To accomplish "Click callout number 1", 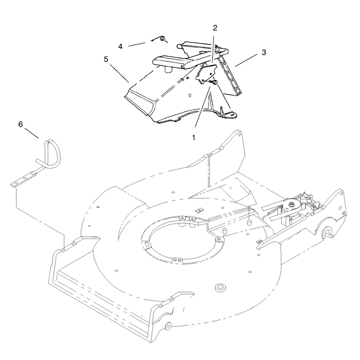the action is [x=193, y=138].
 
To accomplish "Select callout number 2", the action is [x=215, y=28].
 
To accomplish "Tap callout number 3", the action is [x=264, y=52].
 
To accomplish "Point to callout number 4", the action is [x=120, y=47].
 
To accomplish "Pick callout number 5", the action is [x=106, y=59].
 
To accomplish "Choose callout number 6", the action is [x=21, y=125].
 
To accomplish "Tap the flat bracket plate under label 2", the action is [x=206, y=74].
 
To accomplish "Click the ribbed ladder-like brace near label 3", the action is [x=229, y=74].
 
